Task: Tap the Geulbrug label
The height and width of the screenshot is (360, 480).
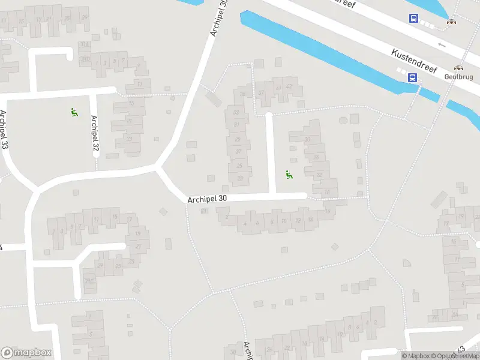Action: click(x=459, y=77)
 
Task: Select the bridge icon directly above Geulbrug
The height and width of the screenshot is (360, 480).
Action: click(x=459, y=68)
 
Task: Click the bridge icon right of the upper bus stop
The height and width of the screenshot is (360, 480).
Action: click(x=451, y=22)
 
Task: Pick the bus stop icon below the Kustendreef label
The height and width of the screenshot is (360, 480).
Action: click(x=413, y=77)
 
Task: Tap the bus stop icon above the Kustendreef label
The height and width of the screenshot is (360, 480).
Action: click(x=413, y=19)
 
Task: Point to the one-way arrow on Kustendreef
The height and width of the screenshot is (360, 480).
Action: click(x=442, y=44)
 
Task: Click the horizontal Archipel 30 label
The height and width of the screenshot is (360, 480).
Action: click(x=207, y=199)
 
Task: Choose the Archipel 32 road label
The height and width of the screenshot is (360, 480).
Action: click(x=95, y=133)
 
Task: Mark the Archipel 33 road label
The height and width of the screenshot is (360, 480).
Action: click(x=5, y=130)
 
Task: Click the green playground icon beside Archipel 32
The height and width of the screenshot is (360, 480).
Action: click(x=74, y=112)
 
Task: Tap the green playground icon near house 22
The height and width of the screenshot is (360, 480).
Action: click(x=289, y=175)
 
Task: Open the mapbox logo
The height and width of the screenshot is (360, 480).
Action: click(x=26, y=353)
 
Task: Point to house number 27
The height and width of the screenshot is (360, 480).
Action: click(x=239, y=151)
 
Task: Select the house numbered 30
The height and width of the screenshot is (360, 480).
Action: click(x=308, y=139)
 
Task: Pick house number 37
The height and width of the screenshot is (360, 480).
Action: click(x=261, y=92)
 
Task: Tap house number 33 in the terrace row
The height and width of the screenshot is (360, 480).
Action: click(x=236, y=113)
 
